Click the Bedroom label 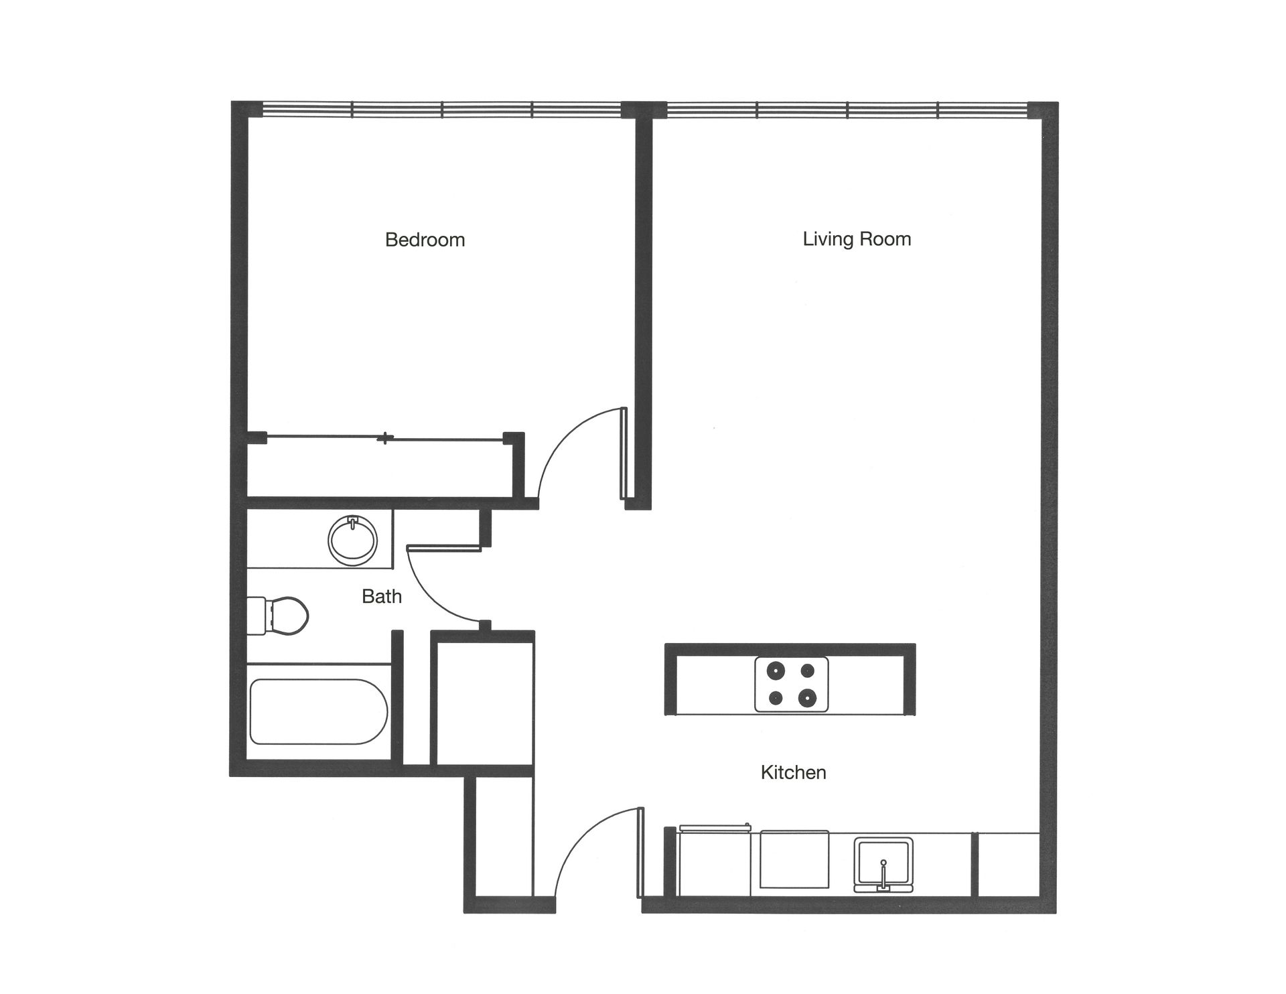click(425, 240)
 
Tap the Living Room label click(857, 239)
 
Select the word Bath click(381, 596)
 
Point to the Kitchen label click(793, 772)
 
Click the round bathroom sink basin click(353, 541)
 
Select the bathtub click(319, 711)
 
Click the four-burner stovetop click(791, 684)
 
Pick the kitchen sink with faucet click(883, 865)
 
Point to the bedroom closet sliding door click(384, 439)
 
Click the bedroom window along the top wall click(442, 109)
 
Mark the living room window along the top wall click(847, 109)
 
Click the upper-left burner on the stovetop click(776, 669)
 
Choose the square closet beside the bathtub click(485, 703)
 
